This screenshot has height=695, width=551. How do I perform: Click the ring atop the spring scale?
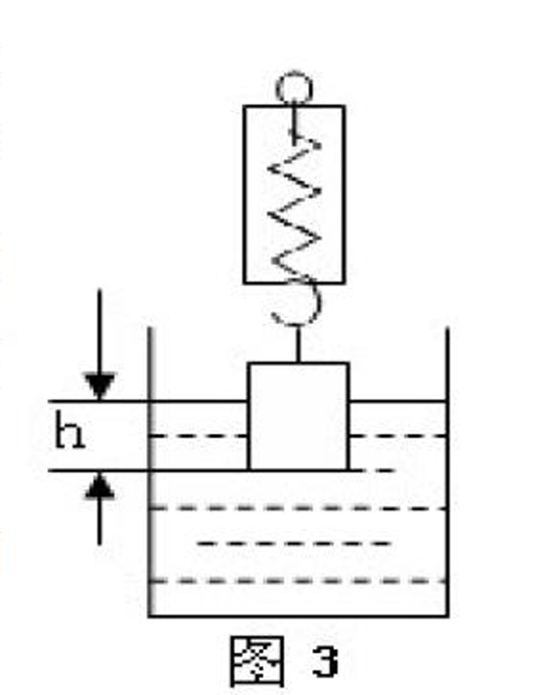294,88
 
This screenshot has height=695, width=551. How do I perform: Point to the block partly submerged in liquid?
298,416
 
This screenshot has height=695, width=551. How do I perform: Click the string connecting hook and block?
298,344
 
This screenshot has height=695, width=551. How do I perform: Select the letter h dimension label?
69,435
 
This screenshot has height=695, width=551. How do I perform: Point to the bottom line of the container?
298,615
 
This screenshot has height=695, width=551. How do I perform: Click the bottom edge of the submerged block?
298,470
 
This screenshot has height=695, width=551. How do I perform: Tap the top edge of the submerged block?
298,363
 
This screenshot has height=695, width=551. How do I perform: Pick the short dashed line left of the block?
198,436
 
